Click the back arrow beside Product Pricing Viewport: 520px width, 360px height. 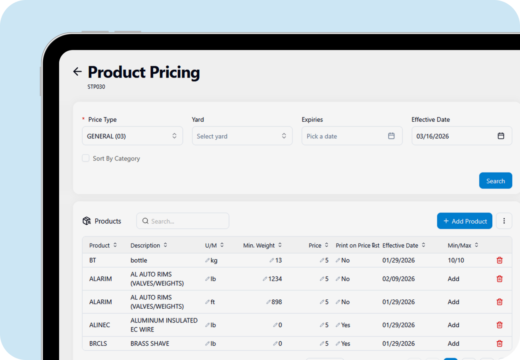click(77, 72)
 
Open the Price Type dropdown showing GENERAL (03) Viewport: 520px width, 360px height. click(132, 136)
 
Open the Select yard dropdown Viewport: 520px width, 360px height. click(242, 136)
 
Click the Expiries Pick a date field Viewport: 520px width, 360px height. click(351, 136)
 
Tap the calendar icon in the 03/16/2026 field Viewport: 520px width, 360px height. click(501, 136)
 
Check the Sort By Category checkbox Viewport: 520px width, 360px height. click(86, 158)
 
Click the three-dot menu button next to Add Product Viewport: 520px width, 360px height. click(504, 221)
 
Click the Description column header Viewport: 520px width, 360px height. click(145, 245)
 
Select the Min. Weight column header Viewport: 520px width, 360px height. click(259, 245)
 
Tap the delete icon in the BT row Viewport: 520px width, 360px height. click(500, 260)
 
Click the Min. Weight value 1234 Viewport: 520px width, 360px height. click(275, 279)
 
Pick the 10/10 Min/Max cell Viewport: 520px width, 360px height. click(456, 260)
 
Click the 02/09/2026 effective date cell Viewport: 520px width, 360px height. click(398, 279)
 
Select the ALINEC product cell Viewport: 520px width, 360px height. click(99, 325)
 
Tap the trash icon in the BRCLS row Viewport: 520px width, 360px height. click(500, 343)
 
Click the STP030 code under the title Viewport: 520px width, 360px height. click(96, 87)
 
